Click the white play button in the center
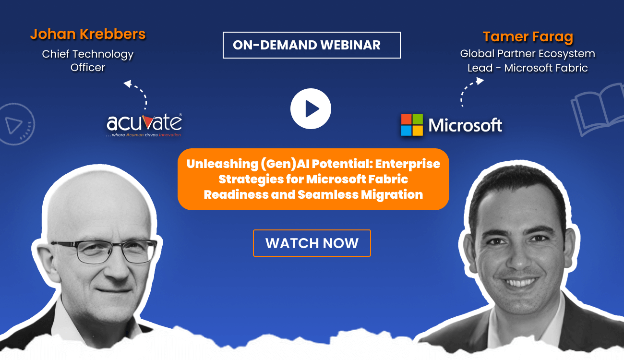311,109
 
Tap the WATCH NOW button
312,243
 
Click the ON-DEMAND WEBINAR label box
312,45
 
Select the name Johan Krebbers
87,34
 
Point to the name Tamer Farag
528,36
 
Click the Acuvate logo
144,124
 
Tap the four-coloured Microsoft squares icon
412,125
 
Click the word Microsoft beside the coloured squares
465,125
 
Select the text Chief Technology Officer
87,60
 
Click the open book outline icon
597,109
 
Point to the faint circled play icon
16,124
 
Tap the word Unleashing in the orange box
222,164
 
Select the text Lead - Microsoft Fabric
528,68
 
